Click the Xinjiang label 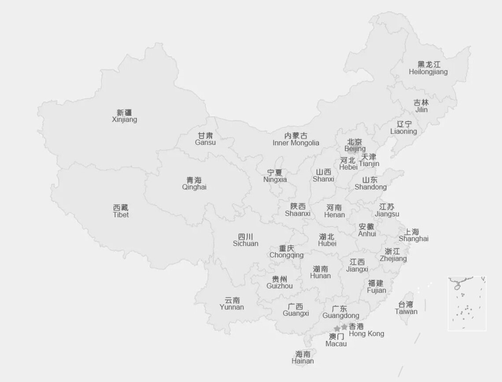[x=124, y=116]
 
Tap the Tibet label [x=121, y=211]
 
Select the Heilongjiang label [x=428, y=68]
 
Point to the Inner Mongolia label [x=296, y=139]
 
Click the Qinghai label [x=194, y=183]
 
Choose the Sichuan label [x=245, y=240]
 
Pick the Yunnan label [x=232, y=304]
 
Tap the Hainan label [x=303, y=357]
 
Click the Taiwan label [x=406, y=308]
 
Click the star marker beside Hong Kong [x=344, y=327]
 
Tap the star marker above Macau [x=337, y=329]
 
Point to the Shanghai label [x=413, y=235]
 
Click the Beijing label [x=355, y=145]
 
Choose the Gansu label [x=206, y=139]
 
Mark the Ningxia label [x=275, y=176]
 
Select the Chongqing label [x=286, y=252]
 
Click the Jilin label [x=421, y=106]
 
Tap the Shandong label [x=370, y=183]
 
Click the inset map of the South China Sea [x=467, y=303]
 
